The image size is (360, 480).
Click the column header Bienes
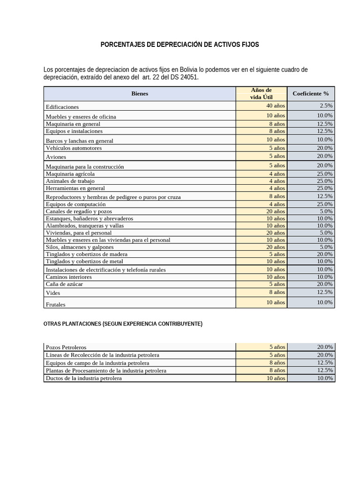tap(140, 94)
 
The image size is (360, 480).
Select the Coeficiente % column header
tap(311, 94)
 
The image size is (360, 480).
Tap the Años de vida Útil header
tap(261, 93)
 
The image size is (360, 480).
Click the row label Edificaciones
tap(62, 107)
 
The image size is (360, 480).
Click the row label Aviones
tap(56, 157)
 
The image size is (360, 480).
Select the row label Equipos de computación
tap(75, 204)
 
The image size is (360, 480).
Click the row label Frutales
tap(55, 304)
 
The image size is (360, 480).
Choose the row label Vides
tap(52, 293)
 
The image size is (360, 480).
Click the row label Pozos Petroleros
tap(66, 347)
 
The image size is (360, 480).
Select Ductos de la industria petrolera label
tap(83, 378)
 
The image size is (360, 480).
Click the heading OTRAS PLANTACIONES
tap(122, 324)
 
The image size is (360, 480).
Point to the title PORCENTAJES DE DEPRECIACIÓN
tap(180, 45)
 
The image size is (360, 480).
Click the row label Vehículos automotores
tap(74, 148)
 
